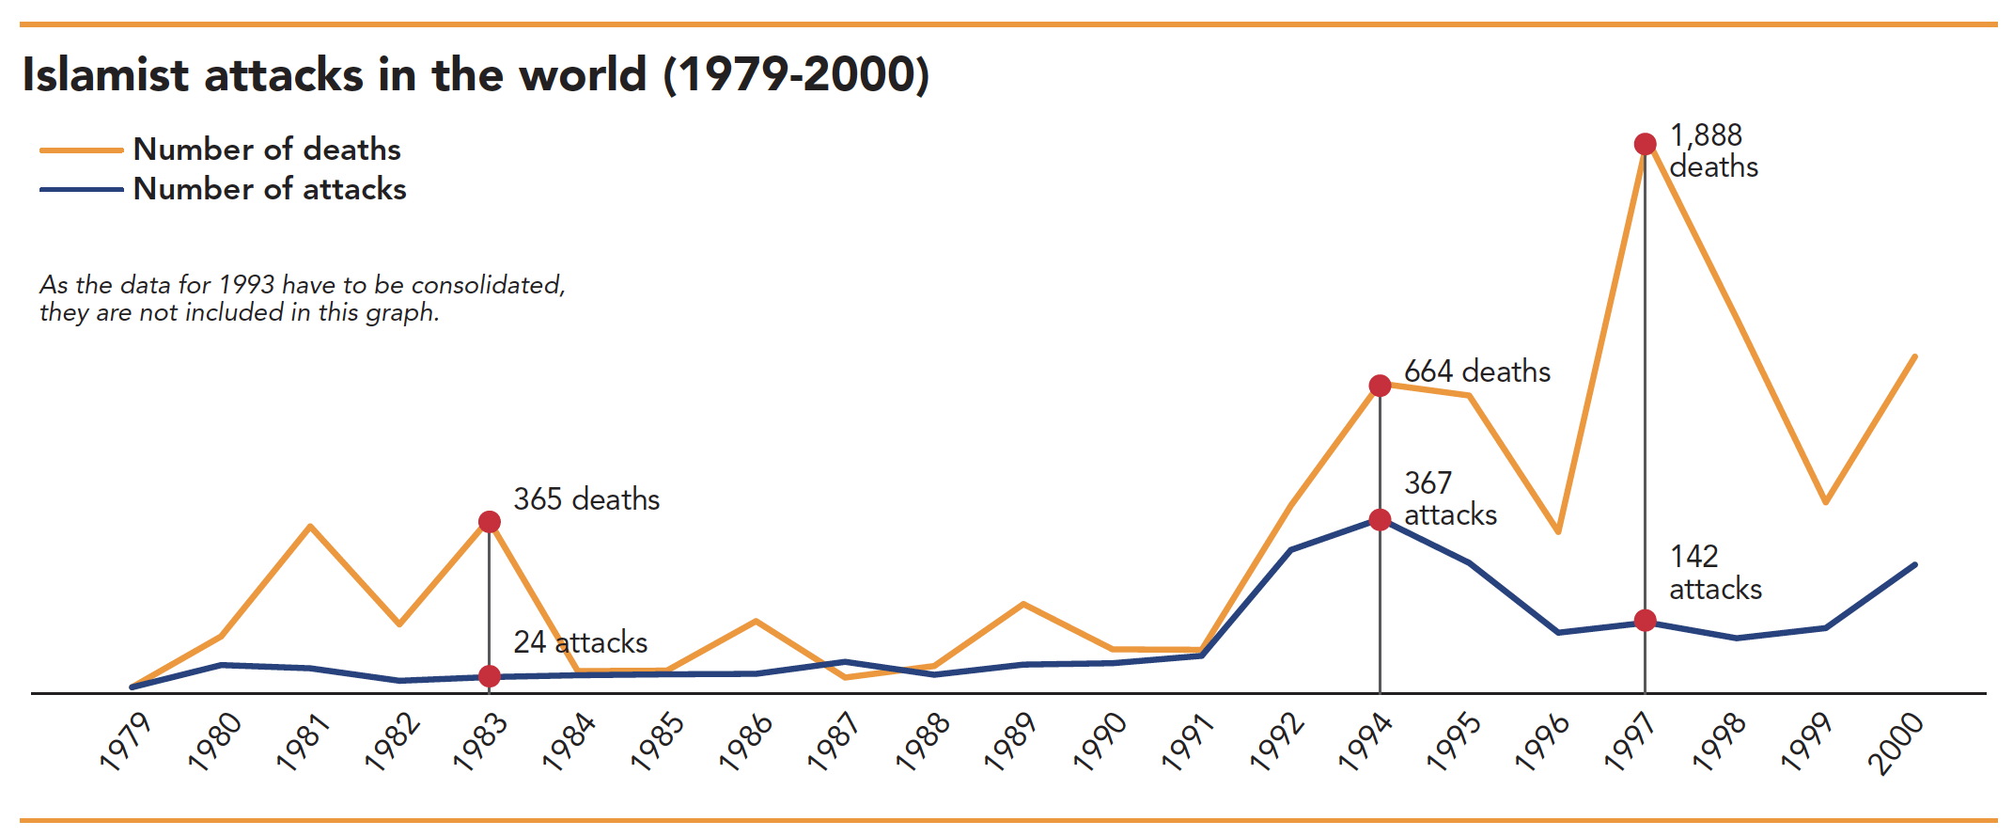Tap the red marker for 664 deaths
[1380, 386]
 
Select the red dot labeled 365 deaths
[489, 522]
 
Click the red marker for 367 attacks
[1380, 520]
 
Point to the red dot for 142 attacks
[1645, 621]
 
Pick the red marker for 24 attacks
[489, 676]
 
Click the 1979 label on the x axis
[126, 742]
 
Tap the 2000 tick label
[1895, 743]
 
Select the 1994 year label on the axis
[1365, 742]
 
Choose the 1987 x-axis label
[834, 742]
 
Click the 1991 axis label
[1188, 742]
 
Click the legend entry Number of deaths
[267, 150]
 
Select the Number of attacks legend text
[270, 189]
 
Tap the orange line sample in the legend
[81, 150]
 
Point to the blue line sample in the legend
[81, 189]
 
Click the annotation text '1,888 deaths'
[1712, 151]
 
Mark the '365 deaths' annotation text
[586, 499]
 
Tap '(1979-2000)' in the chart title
[796, 75]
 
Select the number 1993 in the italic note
[247, 285]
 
